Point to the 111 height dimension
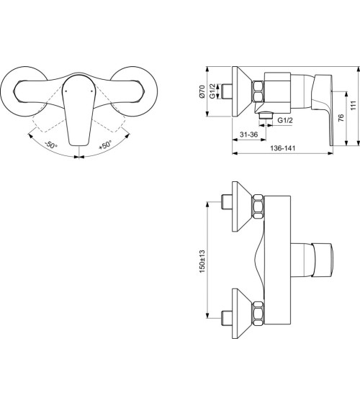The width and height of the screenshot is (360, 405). coord(353,104)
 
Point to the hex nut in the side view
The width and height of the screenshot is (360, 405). coord(258,92)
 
